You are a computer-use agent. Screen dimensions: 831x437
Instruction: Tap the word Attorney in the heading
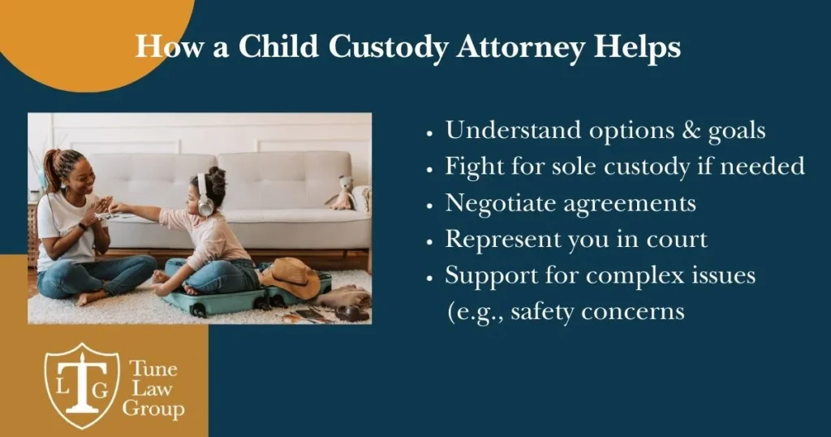[521, 48]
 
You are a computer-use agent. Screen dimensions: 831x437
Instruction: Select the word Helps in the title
[637, 48]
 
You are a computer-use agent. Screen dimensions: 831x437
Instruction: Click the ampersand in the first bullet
[691, 131]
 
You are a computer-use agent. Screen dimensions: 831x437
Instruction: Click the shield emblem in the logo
[82, 386]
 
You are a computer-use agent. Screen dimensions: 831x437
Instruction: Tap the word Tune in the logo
[153, 368]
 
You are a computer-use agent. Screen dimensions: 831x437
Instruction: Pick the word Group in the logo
[153, 409]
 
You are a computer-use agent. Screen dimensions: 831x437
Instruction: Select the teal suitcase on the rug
[243, 298]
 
